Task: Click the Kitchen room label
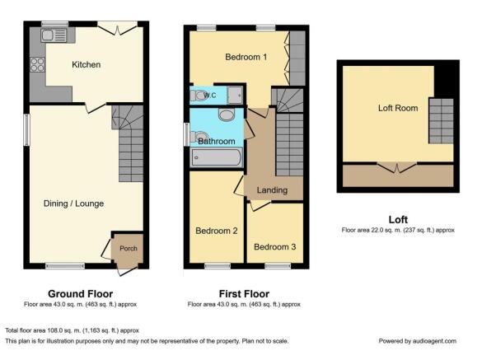[86, 64]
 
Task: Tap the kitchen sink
[54, 35]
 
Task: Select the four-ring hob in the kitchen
[38, 64]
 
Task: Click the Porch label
[129, 248]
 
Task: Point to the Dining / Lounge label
[73, 203]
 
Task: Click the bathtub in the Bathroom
[217, 157]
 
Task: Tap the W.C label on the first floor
[210, 96]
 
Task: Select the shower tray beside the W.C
[235, 96]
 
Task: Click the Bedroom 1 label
[246, 57]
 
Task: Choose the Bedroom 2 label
[217, 231]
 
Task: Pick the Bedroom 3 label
[275, 246]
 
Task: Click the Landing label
[272, 190]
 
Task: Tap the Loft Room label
[398, 108]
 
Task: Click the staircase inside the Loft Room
[441, 121]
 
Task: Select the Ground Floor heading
[80, 294]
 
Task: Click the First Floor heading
[244, 294]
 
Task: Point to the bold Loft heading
[398, 219]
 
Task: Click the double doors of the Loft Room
[397, 167]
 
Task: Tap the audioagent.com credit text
[417, 341]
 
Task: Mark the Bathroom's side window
[186, 134]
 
